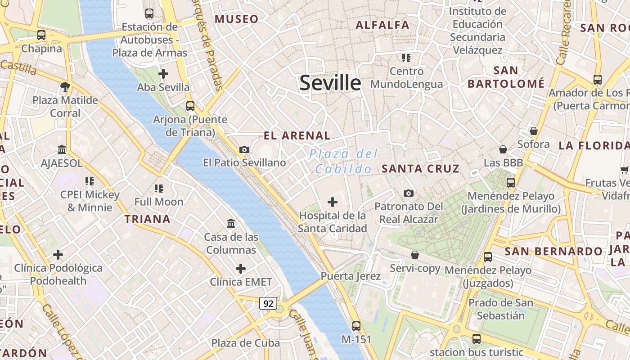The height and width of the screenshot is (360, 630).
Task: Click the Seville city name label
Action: pos(330,83)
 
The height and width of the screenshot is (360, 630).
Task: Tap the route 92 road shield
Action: pos(268,303)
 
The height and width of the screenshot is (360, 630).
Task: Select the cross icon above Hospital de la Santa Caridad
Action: pos(333,202)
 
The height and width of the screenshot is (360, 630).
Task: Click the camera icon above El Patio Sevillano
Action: pos(244,149)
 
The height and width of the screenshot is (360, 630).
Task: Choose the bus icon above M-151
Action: pos(356,326)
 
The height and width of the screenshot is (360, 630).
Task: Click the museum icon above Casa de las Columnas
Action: pos(231,223)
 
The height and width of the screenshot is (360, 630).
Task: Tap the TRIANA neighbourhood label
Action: pos(148,219)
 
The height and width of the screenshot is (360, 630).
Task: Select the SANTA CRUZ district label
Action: pos(421,169)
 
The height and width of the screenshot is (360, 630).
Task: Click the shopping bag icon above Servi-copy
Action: pos(415,255)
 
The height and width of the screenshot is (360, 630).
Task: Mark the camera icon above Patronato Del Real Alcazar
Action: pos(409,193)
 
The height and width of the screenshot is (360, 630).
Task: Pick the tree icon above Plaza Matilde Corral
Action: pos(65,86)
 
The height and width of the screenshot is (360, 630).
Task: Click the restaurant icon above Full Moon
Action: pos(159,188)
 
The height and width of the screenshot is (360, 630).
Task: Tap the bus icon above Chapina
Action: pos(41,35)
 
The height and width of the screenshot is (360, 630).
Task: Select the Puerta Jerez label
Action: pos(351,276)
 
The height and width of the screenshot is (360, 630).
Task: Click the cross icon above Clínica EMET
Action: pos(241,269)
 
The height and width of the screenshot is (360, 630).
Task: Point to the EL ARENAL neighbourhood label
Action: pos(297,135)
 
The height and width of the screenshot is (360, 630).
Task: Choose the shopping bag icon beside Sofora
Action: pos(533,131)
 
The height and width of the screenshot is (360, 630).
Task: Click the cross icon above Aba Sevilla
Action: pos(163,73)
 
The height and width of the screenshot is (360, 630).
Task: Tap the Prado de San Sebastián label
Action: pos(501,309)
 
